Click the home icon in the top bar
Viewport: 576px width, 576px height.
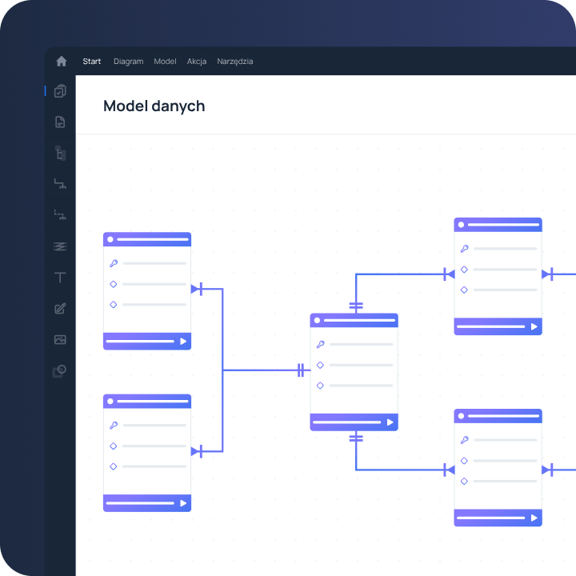(62, 61)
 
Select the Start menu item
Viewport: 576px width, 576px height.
(91, 62)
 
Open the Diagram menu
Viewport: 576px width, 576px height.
(129, 62)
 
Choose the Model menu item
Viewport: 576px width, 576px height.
(165, 62)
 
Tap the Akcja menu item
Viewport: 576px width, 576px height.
(197, 62)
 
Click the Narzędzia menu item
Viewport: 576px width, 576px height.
(234, 62)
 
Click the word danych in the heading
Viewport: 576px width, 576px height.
(178, 106)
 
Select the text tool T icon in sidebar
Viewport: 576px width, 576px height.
(60, 278)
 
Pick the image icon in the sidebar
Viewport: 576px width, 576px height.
(60, 339)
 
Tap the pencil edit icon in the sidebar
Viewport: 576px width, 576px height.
(60, 309)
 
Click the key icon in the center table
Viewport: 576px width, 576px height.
(320, 344)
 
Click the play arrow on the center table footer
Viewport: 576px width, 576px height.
(390, 422)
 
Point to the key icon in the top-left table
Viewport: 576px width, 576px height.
(114, 263)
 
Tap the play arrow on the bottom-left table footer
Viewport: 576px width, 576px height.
(183, 503)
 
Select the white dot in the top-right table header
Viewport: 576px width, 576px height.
(461, 225)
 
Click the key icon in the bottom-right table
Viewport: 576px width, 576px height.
(464, 440)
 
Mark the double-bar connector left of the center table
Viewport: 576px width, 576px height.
(301, 370)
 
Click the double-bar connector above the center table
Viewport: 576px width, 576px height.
(356, 306)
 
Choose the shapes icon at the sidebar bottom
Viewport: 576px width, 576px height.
(59, 371)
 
